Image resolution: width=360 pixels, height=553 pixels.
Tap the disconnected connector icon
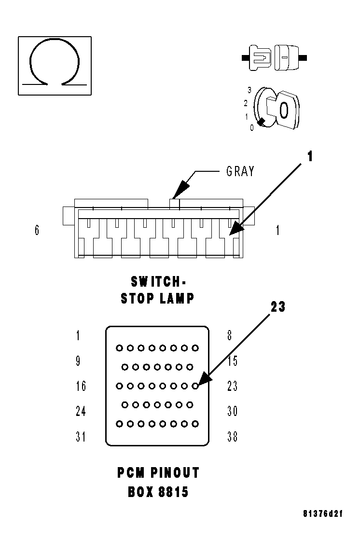click(x=274, y=57)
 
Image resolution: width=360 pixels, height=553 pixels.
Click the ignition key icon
click(x=277, y=110)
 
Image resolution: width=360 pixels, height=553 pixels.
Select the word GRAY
click(x=240, y=171)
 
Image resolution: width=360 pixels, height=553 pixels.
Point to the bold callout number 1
click(x=310, y=156)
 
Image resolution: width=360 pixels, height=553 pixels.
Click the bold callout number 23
click(x=278, y=307)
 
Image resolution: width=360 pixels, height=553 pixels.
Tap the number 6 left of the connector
click(x=37, y=230)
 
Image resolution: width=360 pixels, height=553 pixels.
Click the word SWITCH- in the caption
click(x=158, y=281)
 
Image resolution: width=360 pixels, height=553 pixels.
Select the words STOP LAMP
click(x=158, y=298)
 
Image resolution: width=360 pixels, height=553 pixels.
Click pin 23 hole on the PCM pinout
click(x=195, y=386)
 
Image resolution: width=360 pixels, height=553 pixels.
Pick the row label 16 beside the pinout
click(x=81, y=386)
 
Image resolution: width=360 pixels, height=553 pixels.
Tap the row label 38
click(x=232, y=437)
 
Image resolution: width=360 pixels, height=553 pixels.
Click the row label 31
click(x=81, y=437)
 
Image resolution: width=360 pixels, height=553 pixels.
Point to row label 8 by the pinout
click(x=230, y=335)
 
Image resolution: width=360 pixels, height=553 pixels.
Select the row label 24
click(x=81, y=411)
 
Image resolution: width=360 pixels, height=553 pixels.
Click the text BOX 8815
click(x=158, y=492)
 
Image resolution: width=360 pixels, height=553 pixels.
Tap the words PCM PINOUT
click(x=158, y=473)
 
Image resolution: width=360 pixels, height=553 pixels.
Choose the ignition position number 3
click(x=249, y=90)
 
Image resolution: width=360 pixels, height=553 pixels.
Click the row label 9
click(x=78, y=360)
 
